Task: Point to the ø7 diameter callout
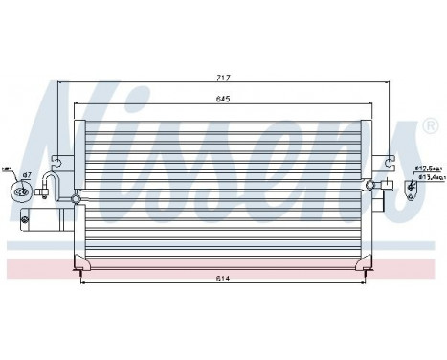27,174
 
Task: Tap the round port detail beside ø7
20,190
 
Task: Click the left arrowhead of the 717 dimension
60,83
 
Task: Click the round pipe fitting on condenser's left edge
76,199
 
